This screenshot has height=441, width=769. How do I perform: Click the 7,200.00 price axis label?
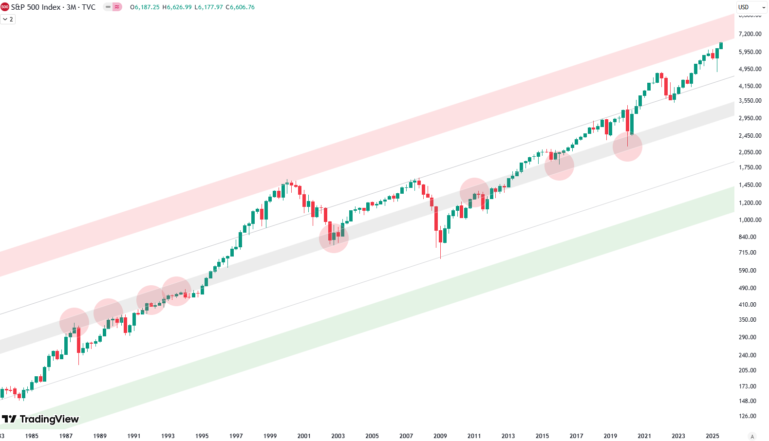(x=750, y=34)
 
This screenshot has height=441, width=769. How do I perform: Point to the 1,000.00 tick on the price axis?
(x=750, y=220)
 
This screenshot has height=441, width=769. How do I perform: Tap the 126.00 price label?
(x=747, y=416)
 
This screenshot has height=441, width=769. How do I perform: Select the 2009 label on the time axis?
(x=440, y=436)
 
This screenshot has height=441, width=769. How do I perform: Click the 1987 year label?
(x=66, y=436)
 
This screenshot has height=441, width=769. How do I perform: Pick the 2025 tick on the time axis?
(x=712, y=436)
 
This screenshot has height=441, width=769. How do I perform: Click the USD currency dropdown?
(x=751, y=7)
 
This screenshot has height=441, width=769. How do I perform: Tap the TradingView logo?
(x=40, y=419)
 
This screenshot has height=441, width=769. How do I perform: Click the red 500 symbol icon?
(x=5, y=7)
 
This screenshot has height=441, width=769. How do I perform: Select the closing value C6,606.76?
(x=240, y=7)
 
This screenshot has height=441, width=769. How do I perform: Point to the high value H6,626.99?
(x=177, y=7)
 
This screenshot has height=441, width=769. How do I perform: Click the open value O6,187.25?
(x=145, y=7)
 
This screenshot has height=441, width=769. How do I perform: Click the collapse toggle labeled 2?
(x=8, y=19)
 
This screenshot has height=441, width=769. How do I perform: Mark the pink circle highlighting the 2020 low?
(x=627, y=147)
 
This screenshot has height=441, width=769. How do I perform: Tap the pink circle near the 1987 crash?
(x=74, y=322)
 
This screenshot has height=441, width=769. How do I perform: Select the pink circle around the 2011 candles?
(x=474, y=192)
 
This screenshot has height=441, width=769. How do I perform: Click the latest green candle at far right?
(x=721, y=46)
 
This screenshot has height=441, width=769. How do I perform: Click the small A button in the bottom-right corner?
(x=752, y=437)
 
